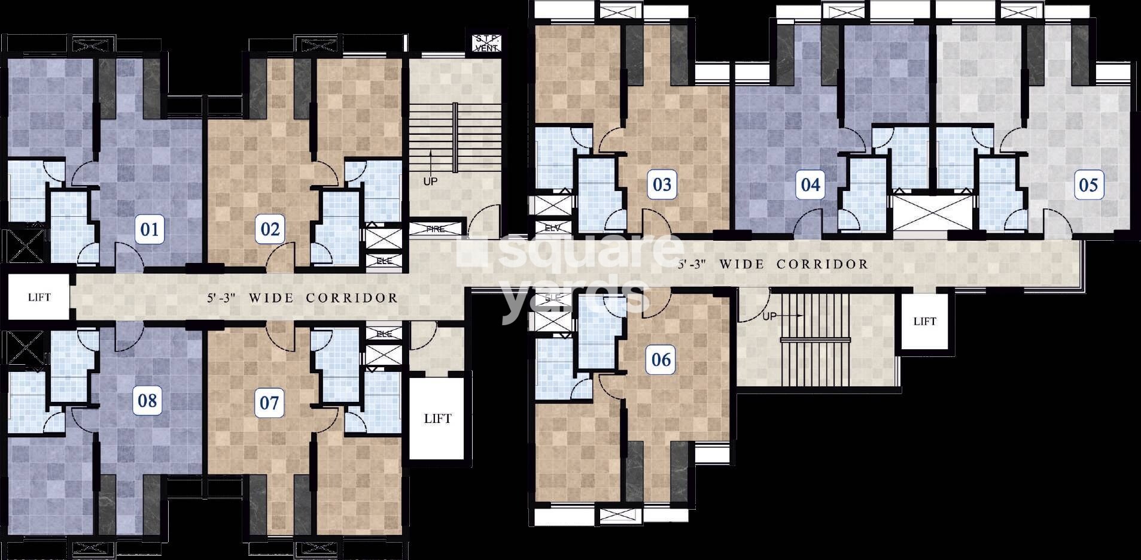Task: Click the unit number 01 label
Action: click(x=150, y=229)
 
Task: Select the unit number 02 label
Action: click(x=270, y=229)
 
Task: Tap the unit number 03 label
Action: click(x=662, y=184)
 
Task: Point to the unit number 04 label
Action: click(x=810, y=184)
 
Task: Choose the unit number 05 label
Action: click(x=1088, y=184)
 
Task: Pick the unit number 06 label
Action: click(x=661, y=359)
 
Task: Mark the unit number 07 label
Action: click(x=269, y=402)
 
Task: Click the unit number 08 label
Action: click(x=147, y=400)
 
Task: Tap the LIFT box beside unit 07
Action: click(x=437, y=419)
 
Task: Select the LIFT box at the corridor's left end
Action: click(x=39, y=297)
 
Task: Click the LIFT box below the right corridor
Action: click(x=924, y=322)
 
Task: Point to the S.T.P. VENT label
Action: click(x=486, y=43)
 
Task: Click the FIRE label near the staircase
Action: click(x=436, y=229)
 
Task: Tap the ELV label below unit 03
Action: click(x=552, y=228)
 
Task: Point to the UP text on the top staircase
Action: click(x=430, y=181)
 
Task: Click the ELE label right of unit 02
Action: click(x=384, y=261)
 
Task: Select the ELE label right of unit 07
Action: click(x=384, y=334)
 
